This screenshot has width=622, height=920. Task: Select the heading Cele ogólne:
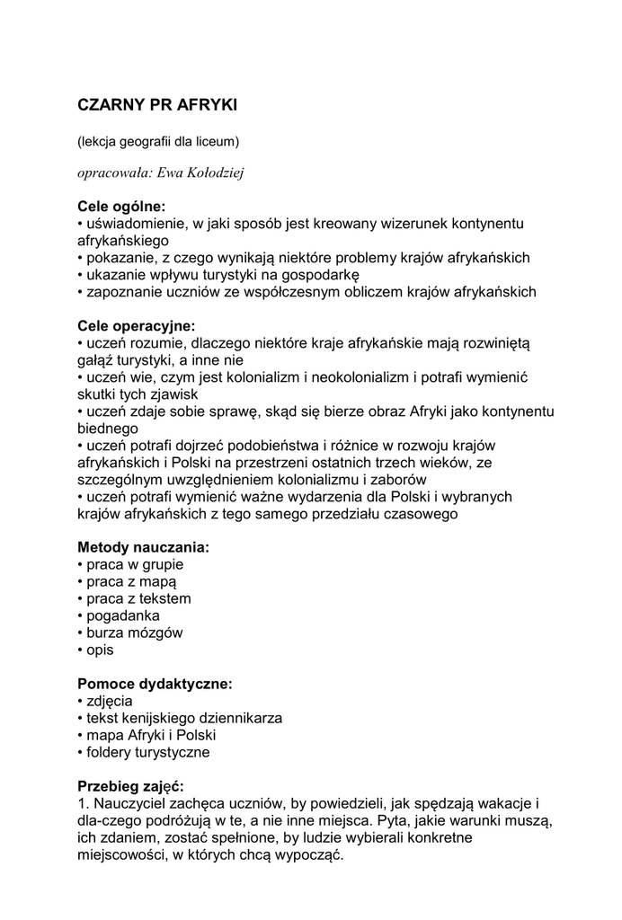click(121, 207)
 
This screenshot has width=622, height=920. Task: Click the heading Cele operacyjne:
click(136, 325)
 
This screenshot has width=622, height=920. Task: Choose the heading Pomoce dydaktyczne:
click(155, 684)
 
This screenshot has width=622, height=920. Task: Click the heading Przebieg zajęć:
click(130, 785)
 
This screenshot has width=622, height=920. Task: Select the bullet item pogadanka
click(123, 615)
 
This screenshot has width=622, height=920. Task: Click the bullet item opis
click(101, 650)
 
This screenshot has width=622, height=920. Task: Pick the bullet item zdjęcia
click(110, 701)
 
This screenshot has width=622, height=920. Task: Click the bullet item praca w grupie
click(135, 564)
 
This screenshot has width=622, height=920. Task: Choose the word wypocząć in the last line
click(315, 854)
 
